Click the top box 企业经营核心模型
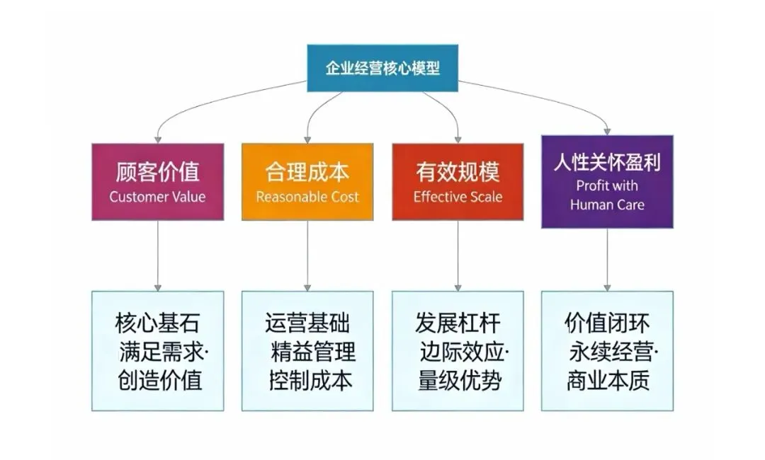(382, 68)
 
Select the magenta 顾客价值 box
(157, 181)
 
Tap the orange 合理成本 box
(307, 181)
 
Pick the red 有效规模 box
(458, 181)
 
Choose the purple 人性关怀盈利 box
(607, 181)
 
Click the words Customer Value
(157, 197)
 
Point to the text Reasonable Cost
(307, 197)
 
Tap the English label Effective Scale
(458, 197)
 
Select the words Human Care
(607, 205)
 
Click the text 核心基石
(157, 323)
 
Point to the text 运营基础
(307, 323)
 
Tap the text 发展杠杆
(458, 323)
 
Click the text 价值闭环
(607, 323)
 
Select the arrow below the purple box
(607, 259)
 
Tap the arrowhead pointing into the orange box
(307, 139)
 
